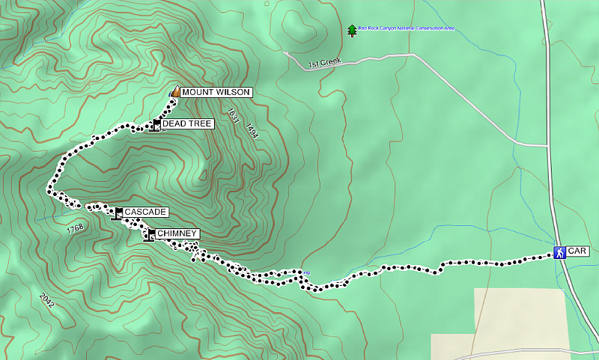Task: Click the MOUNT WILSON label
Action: tap(215, 92)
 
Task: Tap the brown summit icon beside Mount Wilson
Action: tap(174, 92)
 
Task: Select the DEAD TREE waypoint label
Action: tap(188, 123)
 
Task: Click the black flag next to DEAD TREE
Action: tap(156, 124)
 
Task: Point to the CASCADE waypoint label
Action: tap(145, 213)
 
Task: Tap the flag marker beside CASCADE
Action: tap(118, 213)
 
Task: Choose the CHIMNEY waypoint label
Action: tap(177, 234)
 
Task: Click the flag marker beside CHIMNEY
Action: tap(151, 236)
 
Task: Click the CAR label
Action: tap(577, 252)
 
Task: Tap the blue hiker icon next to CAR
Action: tap(559, 252)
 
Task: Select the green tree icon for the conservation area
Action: tap(352, 31)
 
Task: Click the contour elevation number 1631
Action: tap(234, 117)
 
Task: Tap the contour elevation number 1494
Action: tap(252, 132)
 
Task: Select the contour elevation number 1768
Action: tap(74, 228)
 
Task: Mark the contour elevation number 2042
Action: tap(46, 300)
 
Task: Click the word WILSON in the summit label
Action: tap(232, 92)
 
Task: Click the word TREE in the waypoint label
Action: tap(201, 123)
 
